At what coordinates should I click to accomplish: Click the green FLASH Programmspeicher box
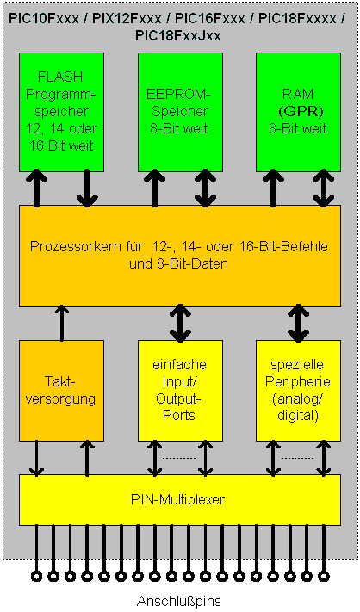click(61, 111)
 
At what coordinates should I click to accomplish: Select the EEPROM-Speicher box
click(180, 111)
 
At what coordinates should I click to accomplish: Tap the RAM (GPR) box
click(298, 111)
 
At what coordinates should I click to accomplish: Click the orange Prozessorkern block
click(180, 256)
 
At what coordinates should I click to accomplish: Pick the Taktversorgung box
click(61, 389)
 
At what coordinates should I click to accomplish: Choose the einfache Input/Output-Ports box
click(180, 389)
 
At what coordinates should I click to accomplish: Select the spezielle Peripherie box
click(298, 389)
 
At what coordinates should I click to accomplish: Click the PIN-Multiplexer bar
click(180, 499)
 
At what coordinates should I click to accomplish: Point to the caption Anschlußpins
click(180, 600)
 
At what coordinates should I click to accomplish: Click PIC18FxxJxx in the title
click(179, 35)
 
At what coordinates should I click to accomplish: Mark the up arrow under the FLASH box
click(36, 188)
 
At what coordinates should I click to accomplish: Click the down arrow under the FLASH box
click(86, 188)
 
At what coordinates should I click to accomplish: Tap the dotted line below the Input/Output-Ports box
click(180, 457)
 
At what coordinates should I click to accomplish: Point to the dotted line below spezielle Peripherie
click(298, 457)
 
